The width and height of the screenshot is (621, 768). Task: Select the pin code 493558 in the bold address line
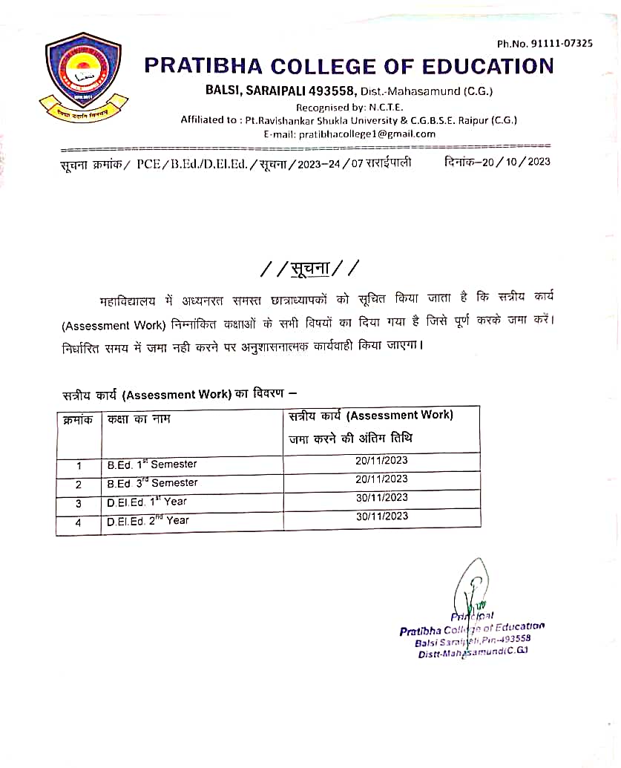(x=334, y=91)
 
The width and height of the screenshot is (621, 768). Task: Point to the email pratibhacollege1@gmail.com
(x=367, y=134)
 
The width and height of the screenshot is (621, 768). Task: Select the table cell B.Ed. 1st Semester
(x=152, y=465)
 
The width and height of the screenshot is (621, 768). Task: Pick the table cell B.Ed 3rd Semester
(x=152, y=483)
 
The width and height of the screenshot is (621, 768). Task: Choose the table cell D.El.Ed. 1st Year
(x=147, y=502)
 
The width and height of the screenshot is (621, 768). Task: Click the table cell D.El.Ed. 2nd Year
(x=148, y=520)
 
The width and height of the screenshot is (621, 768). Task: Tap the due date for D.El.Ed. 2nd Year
(x=381, y=516)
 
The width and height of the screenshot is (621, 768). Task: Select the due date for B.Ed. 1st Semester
(x=381, y=460)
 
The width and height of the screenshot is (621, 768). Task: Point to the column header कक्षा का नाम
(x=139, y=419)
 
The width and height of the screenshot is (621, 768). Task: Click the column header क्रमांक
(x=78, y=419)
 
